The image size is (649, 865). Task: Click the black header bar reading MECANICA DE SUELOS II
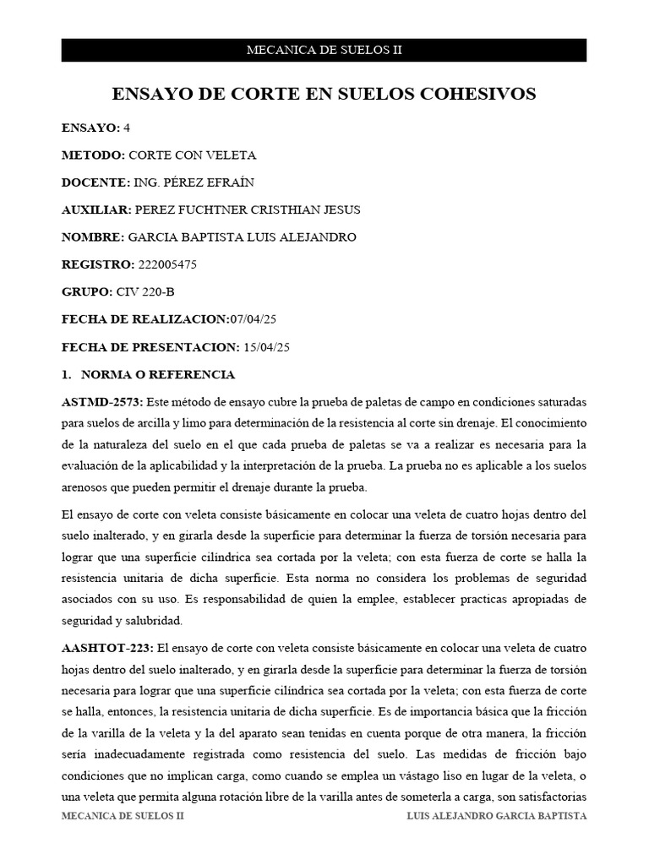pyautogui.click(x=324, y=50)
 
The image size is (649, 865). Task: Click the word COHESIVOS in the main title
pyautogui.click(x=482, y=95)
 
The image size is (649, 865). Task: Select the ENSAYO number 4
pyautogui.click(x=127, y=128)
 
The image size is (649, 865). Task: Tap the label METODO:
pyautogui.click(x=93, y=155)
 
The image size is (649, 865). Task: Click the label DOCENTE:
pyautogui.click(x=96, y=182)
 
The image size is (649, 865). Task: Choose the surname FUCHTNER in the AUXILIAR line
pyautogui.click(x=215, y=209)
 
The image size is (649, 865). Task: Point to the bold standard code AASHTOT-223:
pyautogui.click(x=107, y=648)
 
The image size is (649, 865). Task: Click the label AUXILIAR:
pyautogui.click(x=96, y=209)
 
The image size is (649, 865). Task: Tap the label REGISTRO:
pyautogui.click(x=97, y=264)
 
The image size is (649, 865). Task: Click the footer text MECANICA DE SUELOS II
pyautogui.click(x=123, y=817)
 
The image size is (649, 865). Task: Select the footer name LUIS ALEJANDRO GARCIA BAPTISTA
pyautogui.click(x=497, y=817)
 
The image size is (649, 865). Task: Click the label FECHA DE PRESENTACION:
pyautogui.click(x=151, y=347)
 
